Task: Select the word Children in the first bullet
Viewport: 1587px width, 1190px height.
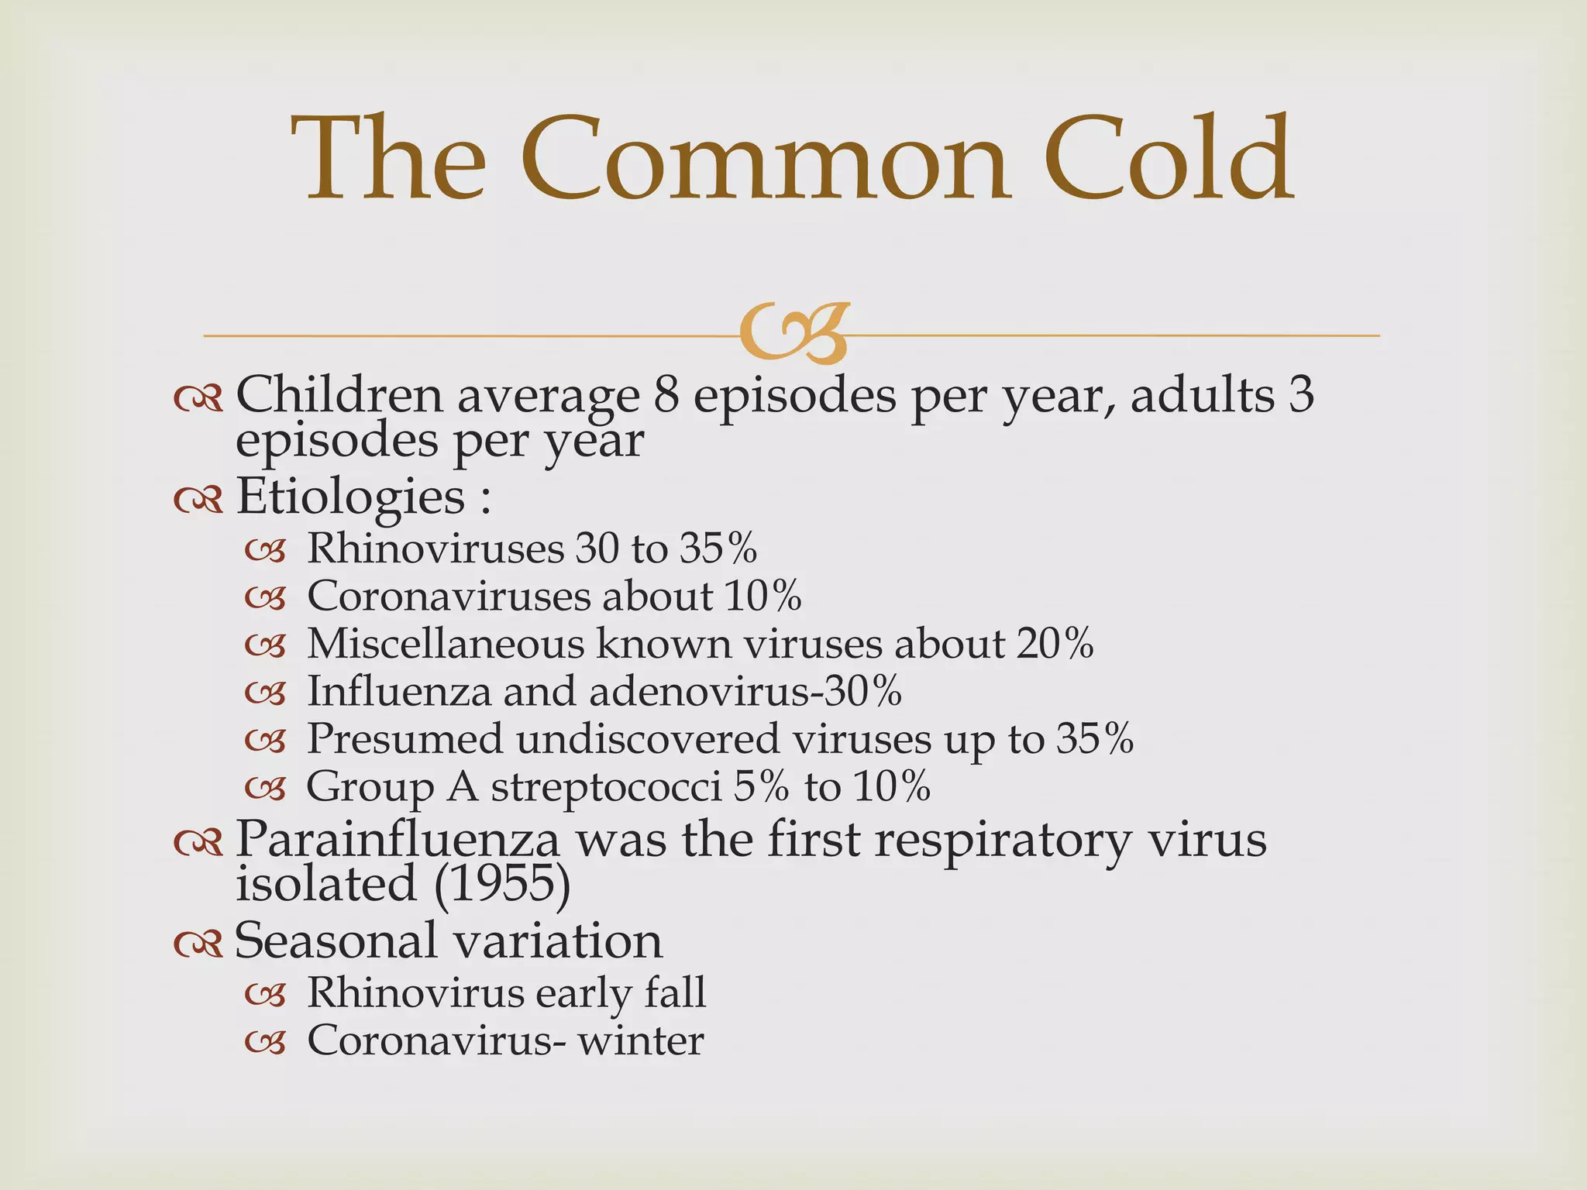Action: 339,394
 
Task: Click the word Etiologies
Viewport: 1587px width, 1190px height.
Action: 349,497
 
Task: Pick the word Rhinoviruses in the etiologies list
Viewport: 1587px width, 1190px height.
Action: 435,549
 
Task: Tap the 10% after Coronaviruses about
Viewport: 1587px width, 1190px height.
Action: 763,596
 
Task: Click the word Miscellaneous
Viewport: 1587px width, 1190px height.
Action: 446,644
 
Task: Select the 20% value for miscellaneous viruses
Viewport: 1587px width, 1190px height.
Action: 1055,644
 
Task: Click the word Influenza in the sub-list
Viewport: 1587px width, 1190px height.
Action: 399,691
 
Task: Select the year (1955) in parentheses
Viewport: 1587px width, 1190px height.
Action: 502,884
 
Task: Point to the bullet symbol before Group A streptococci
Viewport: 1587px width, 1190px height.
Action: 265,789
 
